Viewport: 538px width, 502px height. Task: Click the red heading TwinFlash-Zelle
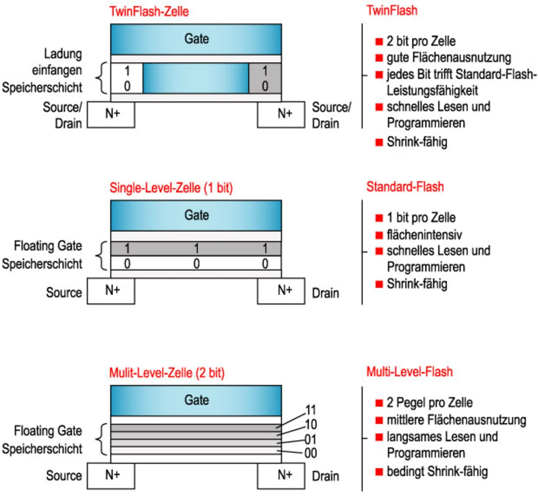[x=149, y=11]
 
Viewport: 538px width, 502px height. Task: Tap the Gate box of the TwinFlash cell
[x=196, y=39]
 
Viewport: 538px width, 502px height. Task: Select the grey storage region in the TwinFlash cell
[x=265, y=78]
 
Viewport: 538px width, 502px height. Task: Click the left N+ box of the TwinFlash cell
[x=111, y=114]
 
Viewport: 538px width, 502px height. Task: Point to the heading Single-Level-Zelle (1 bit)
[x=171, y=187]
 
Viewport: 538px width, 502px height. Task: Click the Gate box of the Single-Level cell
[x=196, y=216]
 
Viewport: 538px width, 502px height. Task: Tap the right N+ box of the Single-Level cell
[x=281, y=291]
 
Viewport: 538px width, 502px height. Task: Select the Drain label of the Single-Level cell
[x=325, y=293]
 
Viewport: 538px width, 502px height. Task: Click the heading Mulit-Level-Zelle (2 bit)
[x=167, y=373]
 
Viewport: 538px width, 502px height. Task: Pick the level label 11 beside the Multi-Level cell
[x=311, y=410]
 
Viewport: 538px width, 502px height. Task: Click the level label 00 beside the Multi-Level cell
[x=311, y=453]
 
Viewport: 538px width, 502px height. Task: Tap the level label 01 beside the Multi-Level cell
[x=311, y=439]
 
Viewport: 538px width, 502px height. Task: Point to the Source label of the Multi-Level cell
[x=64, y=476]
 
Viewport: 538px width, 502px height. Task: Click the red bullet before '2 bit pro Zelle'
[x=379, y=41]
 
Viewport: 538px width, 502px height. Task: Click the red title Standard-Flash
[x=405, y=187]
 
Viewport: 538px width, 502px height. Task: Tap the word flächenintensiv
[x=424, y=234]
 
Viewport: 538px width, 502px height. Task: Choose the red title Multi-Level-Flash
[x=409, y=372]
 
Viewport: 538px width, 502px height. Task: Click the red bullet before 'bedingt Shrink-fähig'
[x=379, y=472]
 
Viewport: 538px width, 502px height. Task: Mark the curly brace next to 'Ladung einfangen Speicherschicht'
[x=100, y=78]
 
